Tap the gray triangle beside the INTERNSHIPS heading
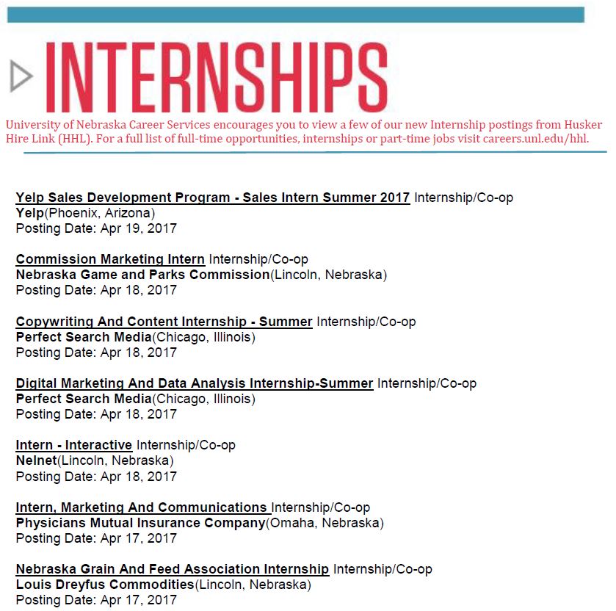21,76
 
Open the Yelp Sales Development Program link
212,198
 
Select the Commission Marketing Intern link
110,259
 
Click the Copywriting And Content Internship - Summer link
164,322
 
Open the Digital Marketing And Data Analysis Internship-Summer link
194,383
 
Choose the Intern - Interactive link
73,445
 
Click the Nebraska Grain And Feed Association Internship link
172,569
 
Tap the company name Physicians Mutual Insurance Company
139,523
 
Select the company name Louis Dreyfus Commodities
104,585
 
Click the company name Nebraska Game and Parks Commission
142,275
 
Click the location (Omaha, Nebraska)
324,523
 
